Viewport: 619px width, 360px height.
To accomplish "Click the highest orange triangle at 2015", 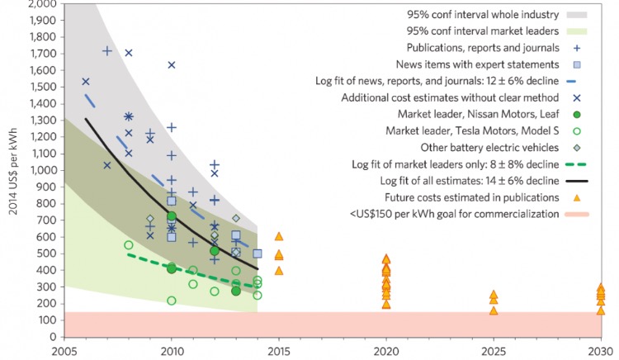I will click(279, 236).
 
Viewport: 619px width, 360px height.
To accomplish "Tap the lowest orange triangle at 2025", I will click(494, 310).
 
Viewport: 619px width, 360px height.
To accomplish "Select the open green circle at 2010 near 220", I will click(172, 301).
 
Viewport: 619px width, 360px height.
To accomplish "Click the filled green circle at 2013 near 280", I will click(236, 291).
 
